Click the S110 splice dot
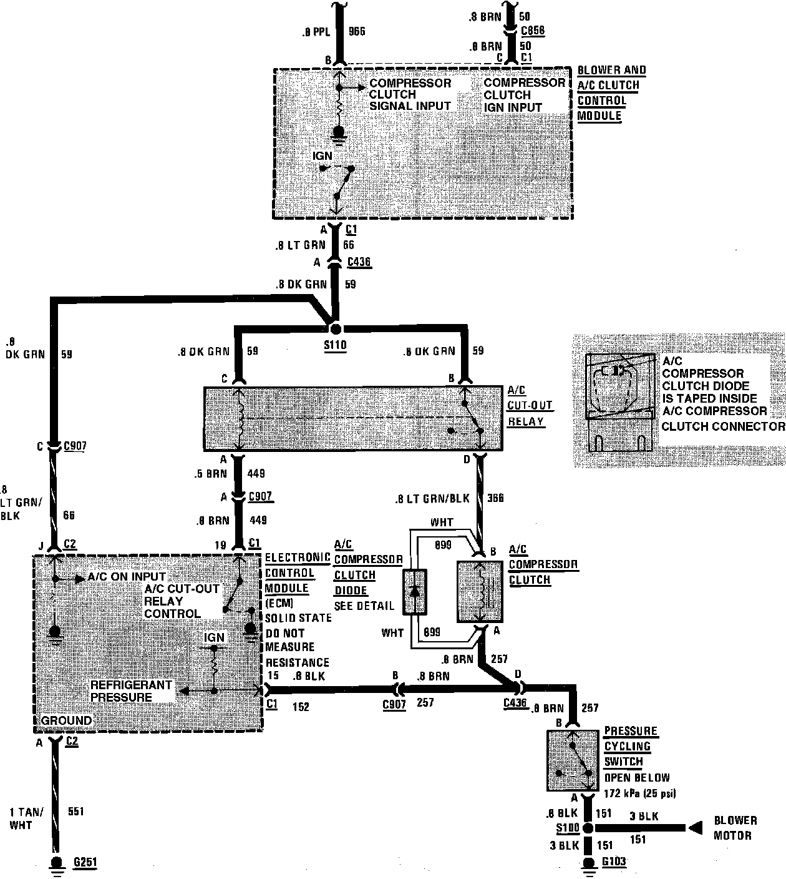point(336,328)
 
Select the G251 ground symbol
point(57,864)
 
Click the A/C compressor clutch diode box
point(415,592)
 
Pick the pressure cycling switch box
point(574,760)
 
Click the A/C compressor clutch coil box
point(480,591)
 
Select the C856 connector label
point(532,29)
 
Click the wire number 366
point(496,498)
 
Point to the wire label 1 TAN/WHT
point(27,818)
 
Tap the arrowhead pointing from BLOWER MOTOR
point(694,828)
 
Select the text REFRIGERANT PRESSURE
point(122,690)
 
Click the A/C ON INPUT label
point(127,576)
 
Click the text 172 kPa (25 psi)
point(640,793)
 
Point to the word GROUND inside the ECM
point(66,720)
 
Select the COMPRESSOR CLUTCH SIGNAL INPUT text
point(410,94)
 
